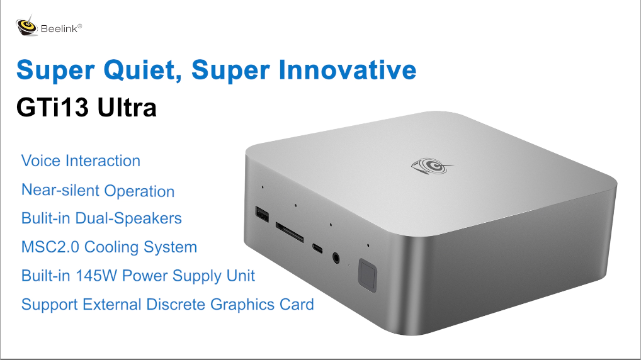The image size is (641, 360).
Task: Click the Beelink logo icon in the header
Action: point(27,26)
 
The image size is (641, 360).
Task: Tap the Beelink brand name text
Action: point(60,28)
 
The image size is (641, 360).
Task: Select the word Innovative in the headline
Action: point(346,69)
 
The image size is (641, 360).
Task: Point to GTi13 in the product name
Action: point(52,108)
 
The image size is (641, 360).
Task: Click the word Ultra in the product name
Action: point(127,108)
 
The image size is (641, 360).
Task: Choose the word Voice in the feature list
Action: point(40,160)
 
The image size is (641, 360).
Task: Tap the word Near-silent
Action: point(60,191)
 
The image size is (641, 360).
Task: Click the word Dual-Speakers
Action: point(128,218)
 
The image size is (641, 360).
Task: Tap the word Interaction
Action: point(103,160)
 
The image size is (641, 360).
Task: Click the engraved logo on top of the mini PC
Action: point(428,165)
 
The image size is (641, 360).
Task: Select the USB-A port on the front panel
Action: point(261,215)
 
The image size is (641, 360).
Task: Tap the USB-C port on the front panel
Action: point(316,248)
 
